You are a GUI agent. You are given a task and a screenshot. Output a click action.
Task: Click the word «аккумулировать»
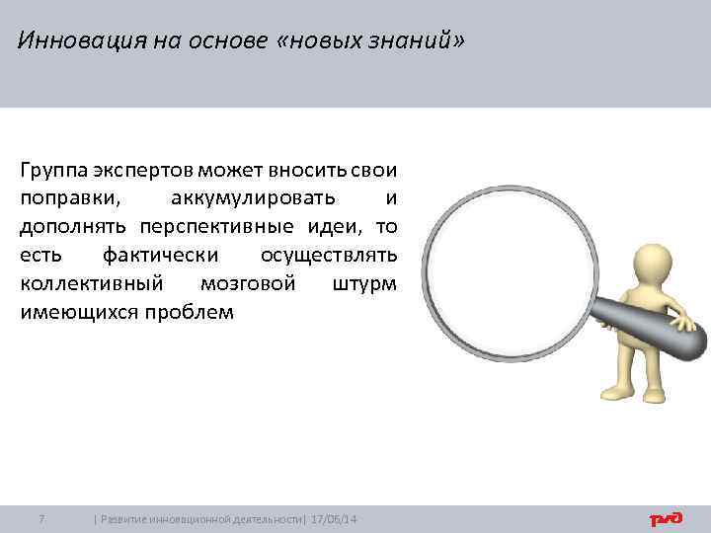coord(254,196)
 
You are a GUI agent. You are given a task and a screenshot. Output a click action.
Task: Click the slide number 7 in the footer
coord(40,519)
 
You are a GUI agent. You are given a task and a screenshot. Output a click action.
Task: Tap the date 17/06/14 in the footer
coord(335,519)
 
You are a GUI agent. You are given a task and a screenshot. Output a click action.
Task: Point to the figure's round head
coord(654,262)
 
